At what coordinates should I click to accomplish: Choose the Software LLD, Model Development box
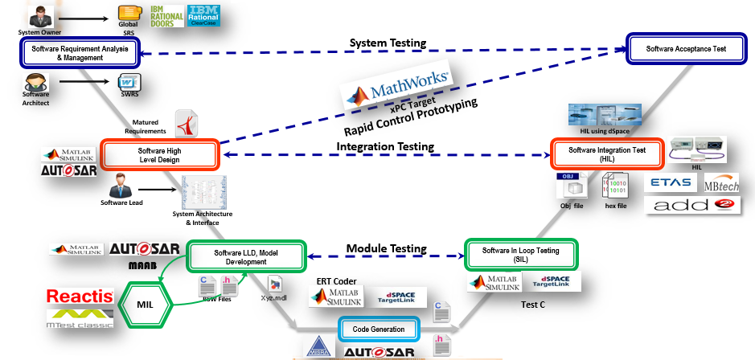coord(248,257)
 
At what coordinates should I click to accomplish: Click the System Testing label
coord(388,43)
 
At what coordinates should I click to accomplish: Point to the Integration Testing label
coord(385,146)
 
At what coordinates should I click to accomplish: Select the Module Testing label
coord(386,248)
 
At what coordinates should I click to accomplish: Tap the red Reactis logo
coord(79,297)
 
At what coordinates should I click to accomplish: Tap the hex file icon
coord(615,187)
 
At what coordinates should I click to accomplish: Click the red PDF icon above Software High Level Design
coord(187,124)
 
